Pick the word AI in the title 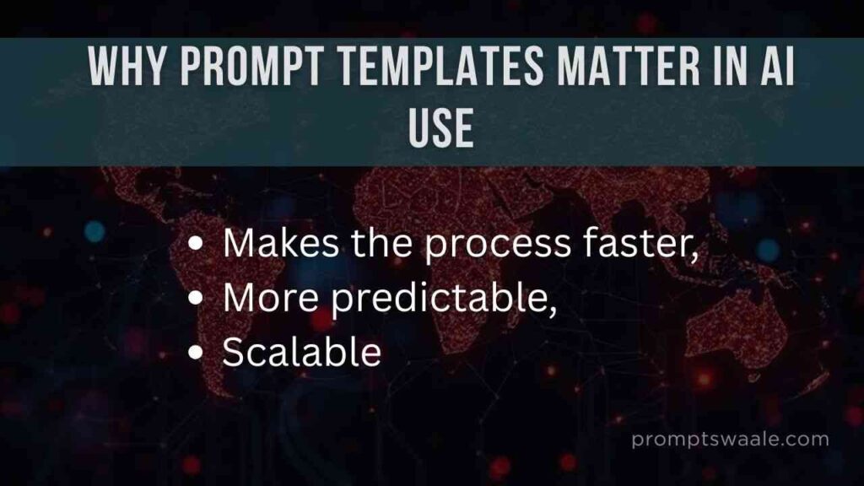click(777, 66)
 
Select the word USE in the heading click(440, 127)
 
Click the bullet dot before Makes click(196, 244)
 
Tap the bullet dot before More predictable click(196, 298)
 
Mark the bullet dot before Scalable click(196, 352)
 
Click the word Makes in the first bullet click(281, 242)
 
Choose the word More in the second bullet click(271, 298)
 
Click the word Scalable click(301, 351)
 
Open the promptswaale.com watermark click(730, 440)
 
